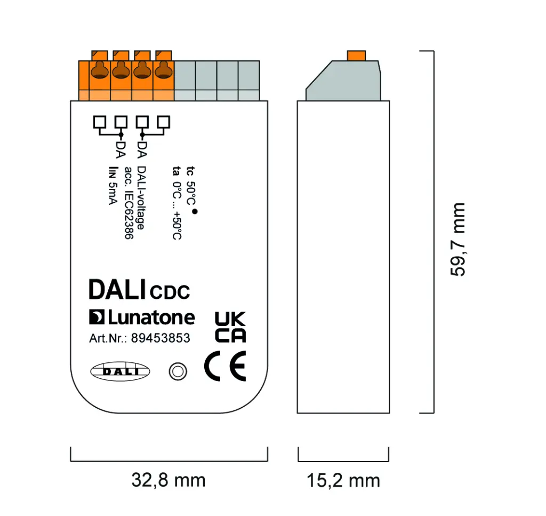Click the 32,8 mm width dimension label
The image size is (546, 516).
[168, 480]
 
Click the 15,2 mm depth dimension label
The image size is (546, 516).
[343, 480]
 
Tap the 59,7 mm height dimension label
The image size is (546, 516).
[457, 239]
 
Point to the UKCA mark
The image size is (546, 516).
[230, 327]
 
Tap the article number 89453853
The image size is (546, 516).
[160, 338]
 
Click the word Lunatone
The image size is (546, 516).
[151, 317]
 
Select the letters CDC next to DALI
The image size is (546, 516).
[170, 292]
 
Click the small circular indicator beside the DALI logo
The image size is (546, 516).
[178, 371]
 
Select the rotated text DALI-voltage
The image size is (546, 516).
[141, 198]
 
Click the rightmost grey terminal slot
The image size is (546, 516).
[248, 80]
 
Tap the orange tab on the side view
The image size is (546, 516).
[356, 55]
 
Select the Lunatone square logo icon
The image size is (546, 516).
[97, 317]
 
